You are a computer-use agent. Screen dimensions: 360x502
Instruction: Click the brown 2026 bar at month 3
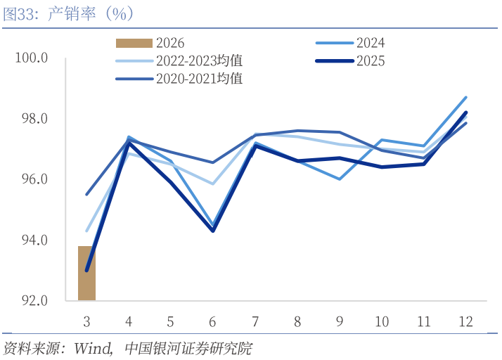[x=86, y=274]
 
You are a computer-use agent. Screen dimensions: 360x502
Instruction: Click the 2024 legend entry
[x=371, y=44]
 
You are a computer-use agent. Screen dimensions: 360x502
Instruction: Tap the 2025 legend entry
[x=371, y=61]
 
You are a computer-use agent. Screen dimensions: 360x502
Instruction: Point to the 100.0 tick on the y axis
[x=32, y=58]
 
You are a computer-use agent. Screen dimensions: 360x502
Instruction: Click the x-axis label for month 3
[x=86, y=321]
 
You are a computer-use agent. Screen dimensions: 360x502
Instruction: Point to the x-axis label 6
[x=212, y=321]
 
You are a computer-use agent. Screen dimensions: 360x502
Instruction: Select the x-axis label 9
[x=339, y=321]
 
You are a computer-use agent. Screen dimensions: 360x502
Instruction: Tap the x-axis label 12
[x=465, y=321]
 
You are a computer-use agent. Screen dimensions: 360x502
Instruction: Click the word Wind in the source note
[x=92, y=348]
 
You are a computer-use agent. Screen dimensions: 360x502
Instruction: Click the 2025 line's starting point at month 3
[x=86, y=271]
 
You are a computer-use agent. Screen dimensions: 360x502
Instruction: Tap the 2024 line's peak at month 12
[x=465, y=97]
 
